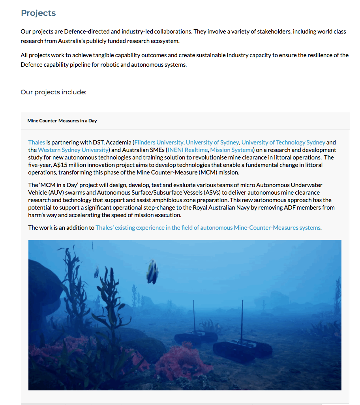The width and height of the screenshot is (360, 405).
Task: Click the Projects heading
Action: tap(38, 13)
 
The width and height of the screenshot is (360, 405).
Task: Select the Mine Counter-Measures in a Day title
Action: tap(62, 121)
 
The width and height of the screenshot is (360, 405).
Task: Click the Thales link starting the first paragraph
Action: tap(36, 142)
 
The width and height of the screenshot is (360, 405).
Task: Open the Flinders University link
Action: tap(159, 142)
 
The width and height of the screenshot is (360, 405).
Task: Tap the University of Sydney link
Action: tap(212, 142)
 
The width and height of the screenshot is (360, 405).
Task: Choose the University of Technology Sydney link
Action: tap(283, 142)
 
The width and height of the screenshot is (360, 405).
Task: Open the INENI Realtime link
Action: tap(187, 150)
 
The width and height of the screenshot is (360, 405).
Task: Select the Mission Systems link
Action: tap(231, 150)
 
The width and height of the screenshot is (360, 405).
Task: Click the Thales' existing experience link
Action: tap(208, 227)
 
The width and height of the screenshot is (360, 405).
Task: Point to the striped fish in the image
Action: tap(152, 272)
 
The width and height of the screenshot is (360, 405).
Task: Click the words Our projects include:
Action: tap(53, 92)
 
